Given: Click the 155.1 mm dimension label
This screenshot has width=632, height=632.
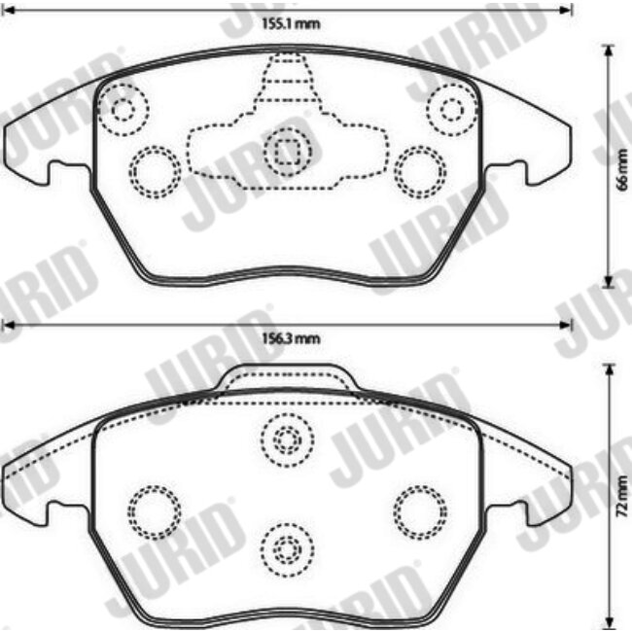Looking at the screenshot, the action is [291, 23].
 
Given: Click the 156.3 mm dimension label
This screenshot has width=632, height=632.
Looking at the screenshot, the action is [291, 338].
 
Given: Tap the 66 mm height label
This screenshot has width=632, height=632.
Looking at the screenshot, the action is [622, 165].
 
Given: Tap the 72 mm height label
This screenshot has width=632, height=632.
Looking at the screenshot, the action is [622, 496].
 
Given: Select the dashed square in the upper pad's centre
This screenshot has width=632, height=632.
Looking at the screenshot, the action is [287, 151].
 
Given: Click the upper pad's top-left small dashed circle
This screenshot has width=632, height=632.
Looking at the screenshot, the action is [123, 109].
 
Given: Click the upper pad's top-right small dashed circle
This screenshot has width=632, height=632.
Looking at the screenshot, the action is [451, 109].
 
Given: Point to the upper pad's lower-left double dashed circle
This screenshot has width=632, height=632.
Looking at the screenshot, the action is [155, 172].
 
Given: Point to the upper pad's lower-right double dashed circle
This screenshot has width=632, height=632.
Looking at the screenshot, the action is [420, 172].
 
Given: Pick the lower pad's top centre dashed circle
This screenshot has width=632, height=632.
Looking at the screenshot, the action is [287, 439].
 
